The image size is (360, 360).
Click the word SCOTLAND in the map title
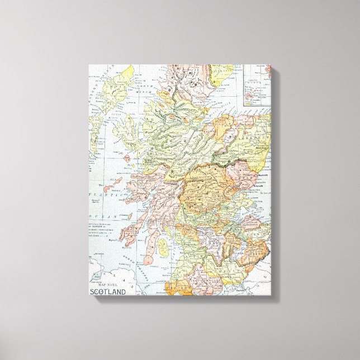(108, 291)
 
